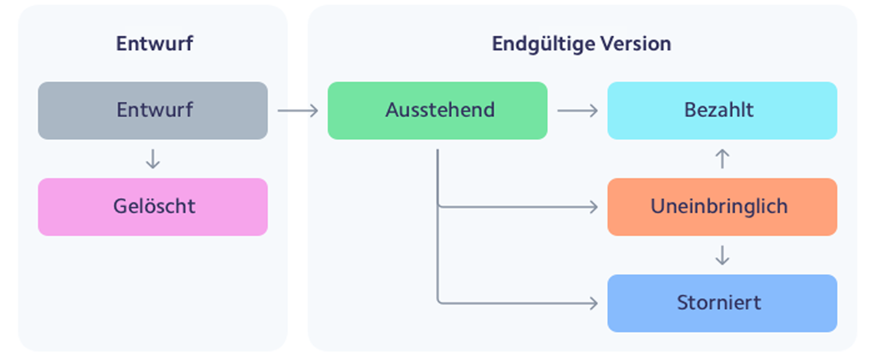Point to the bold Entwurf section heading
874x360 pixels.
pyautogui.click(x=154, y=44)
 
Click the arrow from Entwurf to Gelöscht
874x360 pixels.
pyautogui.click(x=153, y=159)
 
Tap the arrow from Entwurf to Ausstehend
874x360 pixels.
pyautogui.click(x=298, y=110)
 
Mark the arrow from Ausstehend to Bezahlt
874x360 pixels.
pyautogui.click(x=577, y=110)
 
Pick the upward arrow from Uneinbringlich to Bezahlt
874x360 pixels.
pyautogui.click(x=722, y=159)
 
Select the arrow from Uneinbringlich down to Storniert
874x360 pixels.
pyautogui.click(x=722, y=255)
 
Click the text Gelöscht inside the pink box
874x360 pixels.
pyautogui.click(x=154, y=206)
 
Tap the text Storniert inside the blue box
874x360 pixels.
pyautogui.click(x=719, y=303)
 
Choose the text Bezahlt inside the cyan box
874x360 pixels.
pyautogui.click(x=719, y=110)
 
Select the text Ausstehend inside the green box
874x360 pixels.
pyautogui.click(x=440, y=110)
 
